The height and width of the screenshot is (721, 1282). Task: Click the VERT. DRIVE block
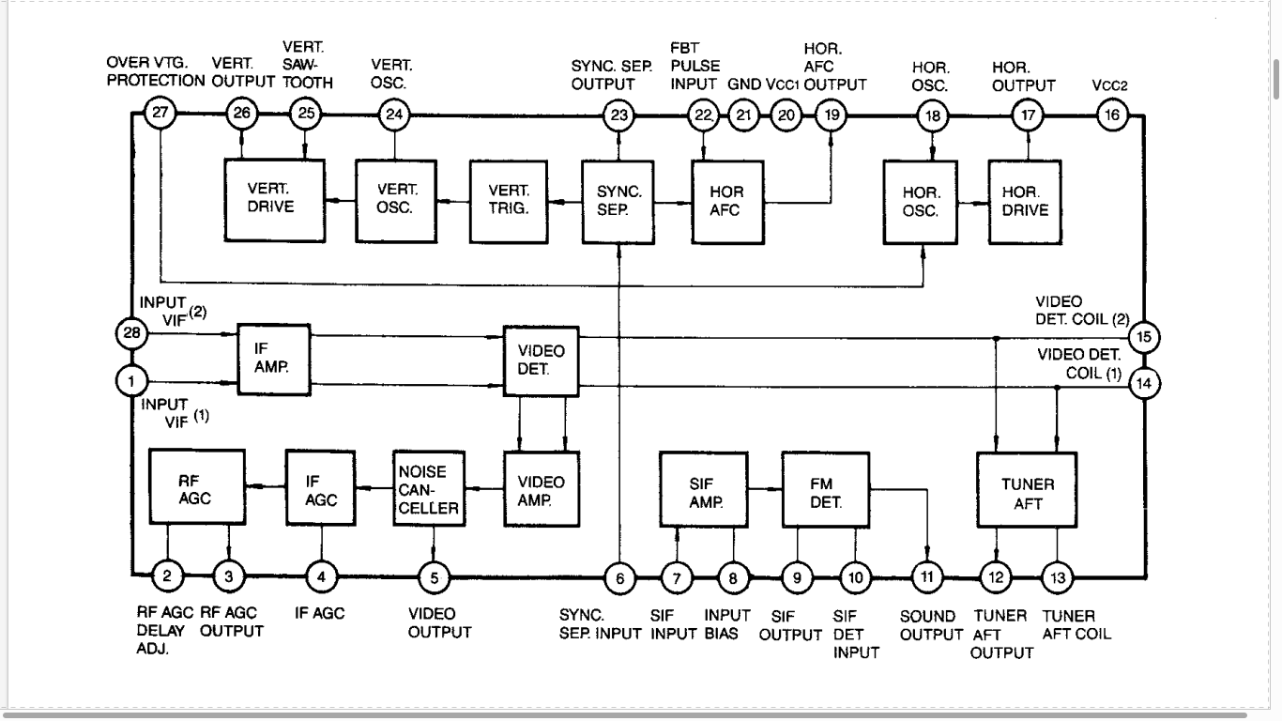275,201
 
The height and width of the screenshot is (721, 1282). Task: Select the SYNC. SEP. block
618,202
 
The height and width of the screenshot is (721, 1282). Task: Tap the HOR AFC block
727,202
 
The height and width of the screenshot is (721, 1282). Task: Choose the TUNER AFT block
1027,490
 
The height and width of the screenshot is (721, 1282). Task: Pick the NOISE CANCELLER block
429,489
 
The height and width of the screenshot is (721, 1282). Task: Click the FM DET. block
825,490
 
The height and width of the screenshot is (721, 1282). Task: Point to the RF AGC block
197,487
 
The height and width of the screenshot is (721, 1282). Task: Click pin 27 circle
160,113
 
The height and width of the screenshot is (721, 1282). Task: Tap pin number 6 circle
619,578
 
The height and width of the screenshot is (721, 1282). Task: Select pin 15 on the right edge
1144,337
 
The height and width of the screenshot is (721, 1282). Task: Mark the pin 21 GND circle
743,115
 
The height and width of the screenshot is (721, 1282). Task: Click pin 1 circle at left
131,381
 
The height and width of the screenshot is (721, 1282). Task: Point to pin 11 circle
927,577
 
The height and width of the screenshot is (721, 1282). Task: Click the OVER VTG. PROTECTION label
156,71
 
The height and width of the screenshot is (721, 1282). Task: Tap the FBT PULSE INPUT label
694,66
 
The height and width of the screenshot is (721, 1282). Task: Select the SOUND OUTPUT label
931,625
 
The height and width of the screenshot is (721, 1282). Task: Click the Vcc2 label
1109,85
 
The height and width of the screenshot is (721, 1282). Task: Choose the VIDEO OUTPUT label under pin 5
439,623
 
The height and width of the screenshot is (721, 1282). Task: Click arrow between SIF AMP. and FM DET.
765,489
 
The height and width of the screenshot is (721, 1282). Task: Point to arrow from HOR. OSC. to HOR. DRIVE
973,203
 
